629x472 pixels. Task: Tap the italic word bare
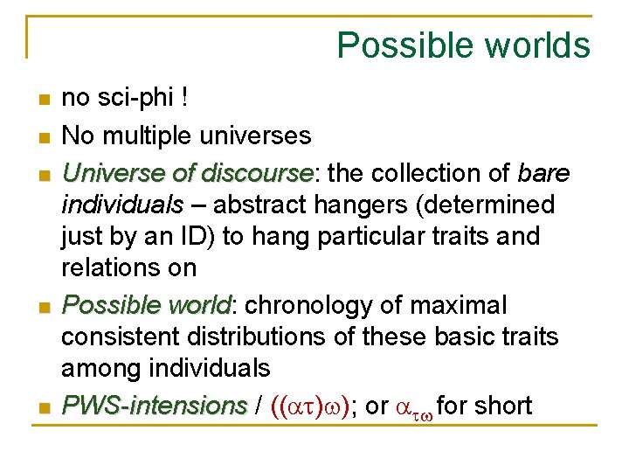(x=543, y=173)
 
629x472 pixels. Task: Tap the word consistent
(x=121, y=337)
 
